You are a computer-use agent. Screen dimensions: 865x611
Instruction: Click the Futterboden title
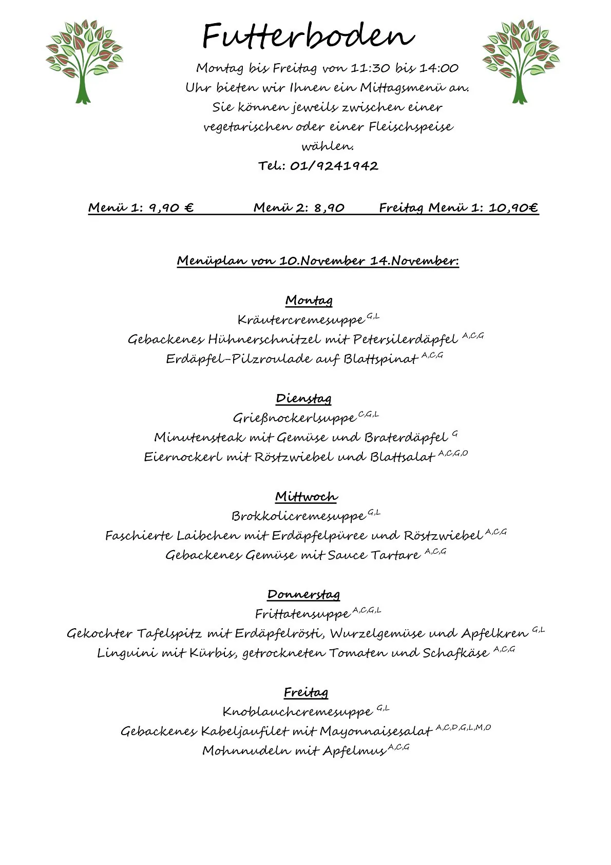pyautogui.click(x=308, y=36)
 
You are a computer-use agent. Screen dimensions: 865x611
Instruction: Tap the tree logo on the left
pyautogui.click(x=84, y=62)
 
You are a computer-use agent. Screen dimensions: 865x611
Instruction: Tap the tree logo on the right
pyautogui.click(x=521, y=62)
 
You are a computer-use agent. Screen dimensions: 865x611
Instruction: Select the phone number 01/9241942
pyautogui.click(x=334, y=166)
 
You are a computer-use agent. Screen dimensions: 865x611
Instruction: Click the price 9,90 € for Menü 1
pyautogui.click(x=171, y=208)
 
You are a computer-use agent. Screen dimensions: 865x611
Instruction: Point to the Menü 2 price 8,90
pyautogui.click(x=329, y=208)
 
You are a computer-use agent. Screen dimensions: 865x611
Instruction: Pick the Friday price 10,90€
pyautogui.click(x=513, y=208)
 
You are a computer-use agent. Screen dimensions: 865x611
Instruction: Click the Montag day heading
pyautogui.click(x=309, y=300)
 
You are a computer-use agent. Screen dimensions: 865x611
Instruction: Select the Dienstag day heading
pyautogui.click(x=303, y=399)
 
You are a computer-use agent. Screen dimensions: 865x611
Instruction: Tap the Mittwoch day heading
pyautogui.click(x=306, y=497)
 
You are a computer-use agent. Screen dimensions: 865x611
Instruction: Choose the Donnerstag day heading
pyautogui.click(x=303, y=595)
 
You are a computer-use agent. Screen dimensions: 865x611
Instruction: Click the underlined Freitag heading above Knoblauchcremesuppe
pyautogui.click(x=306, y=692)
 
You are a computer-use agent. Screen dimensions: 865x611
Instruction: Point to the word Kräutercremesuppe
pyautogui.click(x=301, y=321)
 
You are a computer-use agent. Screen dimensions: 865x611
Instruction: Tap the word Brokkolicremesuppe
pyautogui.click(x=298, y=516)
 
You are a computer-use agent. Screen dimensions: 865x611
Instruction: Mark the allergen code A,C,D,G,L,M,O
pyautogui.click(x=463, y=727)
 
